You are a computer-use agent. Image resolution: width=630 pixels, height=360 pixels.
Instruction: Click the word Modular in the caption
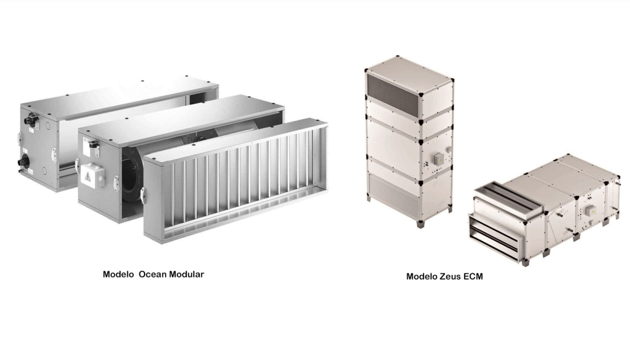pos(186,274)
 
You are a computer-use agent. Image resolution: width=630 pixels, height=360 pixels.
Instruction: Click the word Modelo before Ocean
pos(118,274)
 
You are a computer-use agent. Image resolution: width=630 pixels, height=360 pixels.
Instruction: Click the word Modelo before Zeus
pos(422,276)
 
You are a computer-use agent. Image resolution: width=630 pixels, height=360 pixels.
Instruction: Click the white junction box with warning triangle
pos(92,175)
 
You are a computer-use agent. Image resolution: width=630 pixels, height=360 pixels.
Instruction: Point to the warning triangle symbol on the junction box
pos(88,176)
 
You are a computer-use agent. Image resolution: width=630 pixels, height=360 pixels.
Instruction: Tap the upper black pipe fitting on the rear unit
pos(31,120)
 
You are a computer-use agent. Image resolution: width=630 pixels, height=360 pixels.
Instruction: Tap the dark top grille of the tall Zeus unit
pos(393,91)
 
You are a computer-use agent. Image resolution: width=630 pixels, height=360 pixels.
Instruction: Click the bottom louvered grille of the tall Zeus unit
pos(393,193)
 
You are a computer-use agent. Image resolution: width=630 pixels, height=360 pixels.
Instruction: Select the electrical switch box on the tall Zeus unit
pos(438,159)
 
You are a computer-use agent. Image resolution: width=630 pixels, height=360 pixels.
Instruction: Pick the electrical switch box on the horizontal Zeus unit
pos(590,211)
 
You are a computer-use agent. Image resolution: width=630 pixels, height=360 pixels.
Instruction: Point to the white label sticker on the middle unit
pos(89,147)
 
